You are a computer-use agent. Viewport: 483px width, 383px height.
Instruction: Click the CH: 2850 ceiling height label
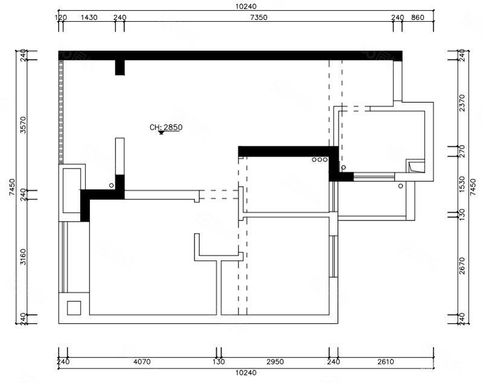[166, 127]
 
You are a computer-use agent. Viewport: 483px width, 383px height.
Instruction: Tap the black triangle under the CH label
[161, 133]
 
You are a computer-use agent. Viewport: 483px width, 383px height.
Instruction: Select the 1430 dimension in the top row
[89, 18]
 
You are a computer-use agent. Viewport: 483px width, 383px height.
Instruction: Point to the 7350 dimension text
[259, 18]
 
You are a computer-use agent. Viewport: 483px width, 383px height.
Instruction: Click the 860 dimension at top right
[418, 18]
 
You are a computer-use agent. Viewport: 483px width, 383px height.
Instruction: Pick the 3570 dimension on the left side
[24, 125]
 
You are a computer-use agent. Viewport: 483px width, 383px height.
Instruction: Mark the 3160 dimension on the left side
[24, 257]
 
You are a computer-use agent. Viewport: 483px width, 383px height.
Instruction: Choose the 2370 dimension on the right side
[462, 103]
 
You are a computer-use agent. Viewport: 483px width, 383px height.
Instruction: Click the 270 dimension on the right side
[462, 151]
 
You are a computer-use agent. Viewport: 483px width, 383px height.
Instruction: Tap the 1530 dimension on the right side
[462, 184]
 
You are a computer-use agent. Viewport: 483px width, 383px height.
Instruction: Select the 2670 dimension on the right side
[462, 266]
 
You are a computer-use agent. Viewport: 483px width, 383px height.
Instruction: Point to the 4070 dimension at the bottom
[142, 361]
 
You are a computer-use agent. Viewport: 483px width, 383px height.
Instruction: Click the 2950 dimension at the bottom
[275, 361]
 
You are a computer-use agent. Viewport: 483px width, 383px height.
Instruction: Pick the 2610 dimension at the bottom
[386, 361]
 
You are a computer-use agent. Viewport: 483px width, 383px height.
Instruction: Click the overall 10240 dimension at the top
[246, 6]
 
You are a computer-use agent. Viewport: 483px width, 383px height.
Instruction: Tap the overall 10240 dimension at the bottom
[246, 373]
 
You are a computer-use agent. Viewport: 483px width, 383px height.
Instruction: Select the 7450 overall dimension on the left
[12, 187]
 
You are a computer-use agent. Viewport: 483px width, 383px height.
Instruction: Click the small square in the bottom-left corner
[74, 308]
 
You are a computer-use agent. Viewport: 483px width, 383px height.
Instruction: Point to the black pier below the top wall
[120, 68]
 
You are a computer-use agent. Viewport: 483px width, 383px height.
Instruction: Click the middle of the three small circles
[319, 159]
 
